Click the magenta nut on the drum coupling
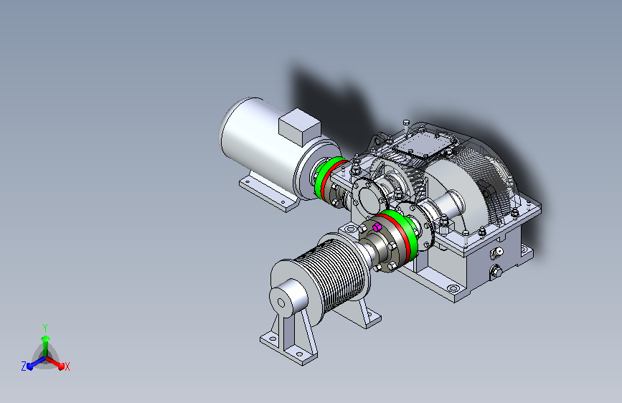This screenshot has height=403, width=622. pyautogui.click(x=377, y=227)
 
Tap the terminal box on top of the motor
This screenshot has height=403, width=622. pyautogui.click(x=299, y=126)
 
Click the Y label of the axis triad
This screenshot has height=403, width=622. pyautogui.click(x=45, y=328)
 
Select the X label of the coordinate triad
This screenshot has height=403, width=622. pyautogui.click(x=67, y=366)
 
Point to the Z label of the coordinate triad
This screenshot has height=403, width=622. pyautogui.click(x=24, y=366)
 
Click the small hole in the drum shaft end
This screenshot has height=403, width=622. pyautogui.click(x=281, y=303)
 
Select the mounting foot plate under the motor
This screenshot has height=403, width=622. pyautogui.click(x=269, y=193)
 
